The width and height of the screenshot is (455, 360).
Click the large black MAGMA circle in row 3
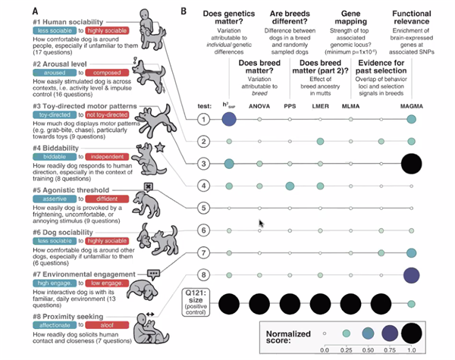[411, 163]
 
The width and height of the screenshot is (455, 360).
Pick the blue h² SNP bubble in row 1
[230, 120]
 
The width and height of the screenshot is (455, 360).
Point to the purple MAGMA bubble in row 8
[411, 274]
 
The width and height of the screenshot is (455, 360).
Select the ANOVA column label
[260, 106]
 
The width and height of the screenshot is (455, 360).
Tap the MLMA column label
[350, 106]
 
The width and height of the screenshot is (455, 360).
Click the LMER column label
[320, 106]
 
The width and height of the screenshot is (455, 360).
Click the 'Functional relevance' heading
[411, 19]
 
